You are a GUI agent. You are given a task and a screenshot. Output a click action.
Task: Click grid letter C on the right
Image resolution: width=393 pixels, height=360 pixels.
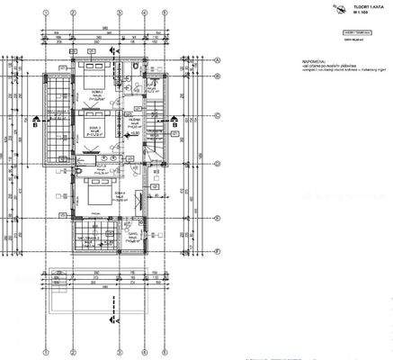(219, 116)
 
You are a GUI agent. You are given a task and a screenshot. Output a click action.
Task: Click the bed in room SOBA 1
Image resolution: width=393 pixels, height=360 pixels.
(94, 69)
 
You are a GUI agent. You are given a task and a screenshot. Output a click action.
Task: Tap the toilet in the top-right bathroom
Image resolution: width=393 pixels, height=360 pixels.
(131, 68)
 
